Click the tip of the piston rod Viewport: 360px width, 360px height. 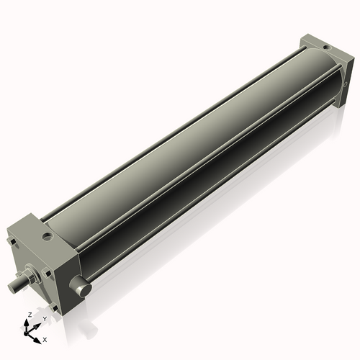click(x=12, y=286)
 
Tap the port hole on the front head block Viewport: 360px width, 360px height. click(x=47, y=235)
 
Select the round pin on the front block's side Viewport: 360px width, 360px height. click(x=81, y=289)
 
